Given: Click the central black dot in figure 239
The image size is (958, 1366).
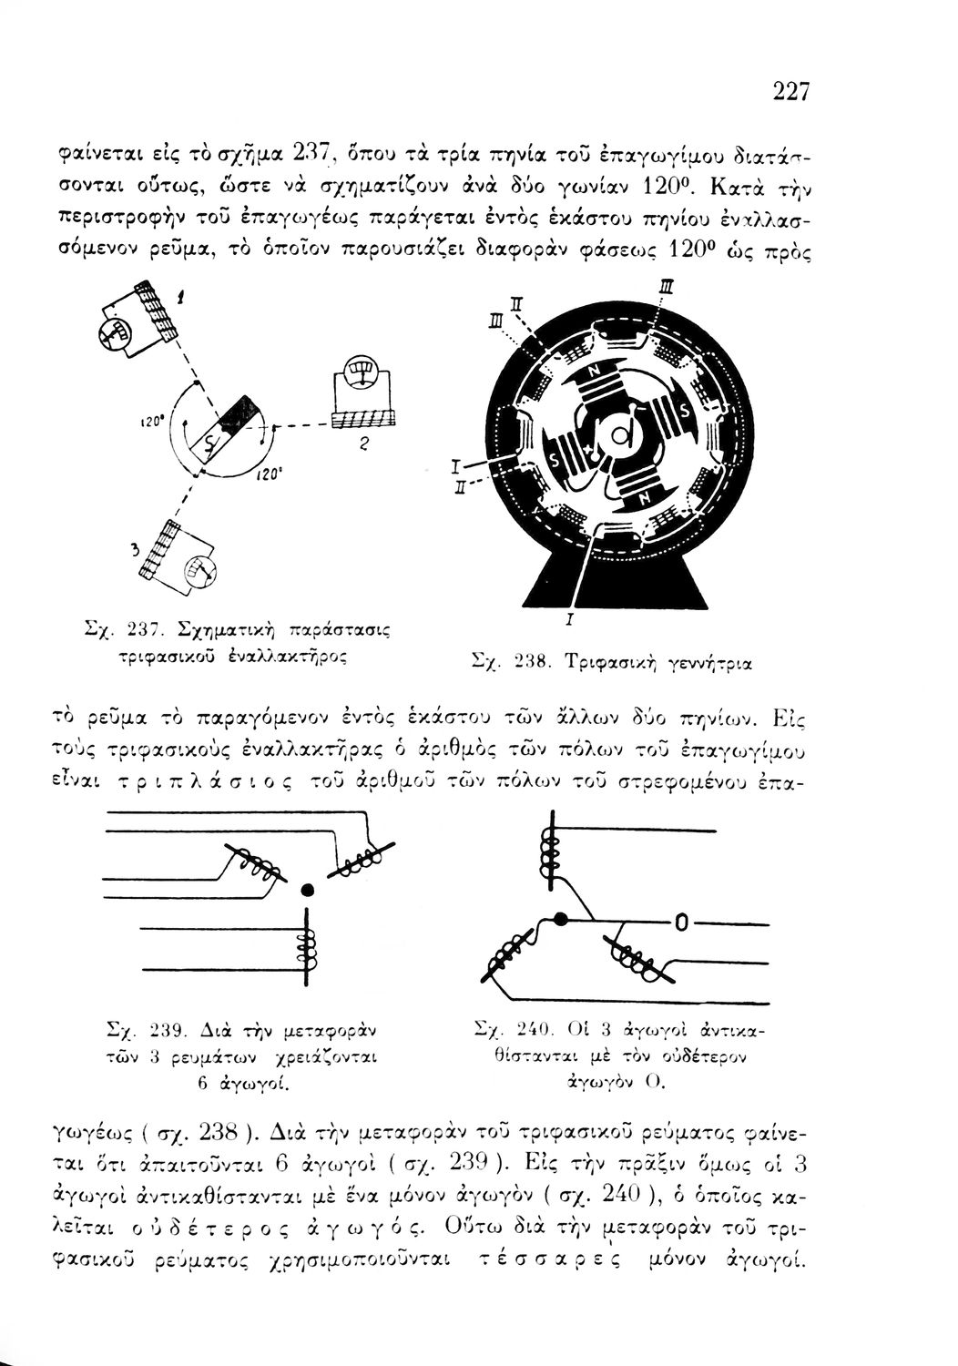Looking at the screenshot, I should [x=307, y=888].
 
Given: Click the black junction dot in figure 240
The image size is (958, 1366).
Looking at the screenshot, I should [x=561, y=918].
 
